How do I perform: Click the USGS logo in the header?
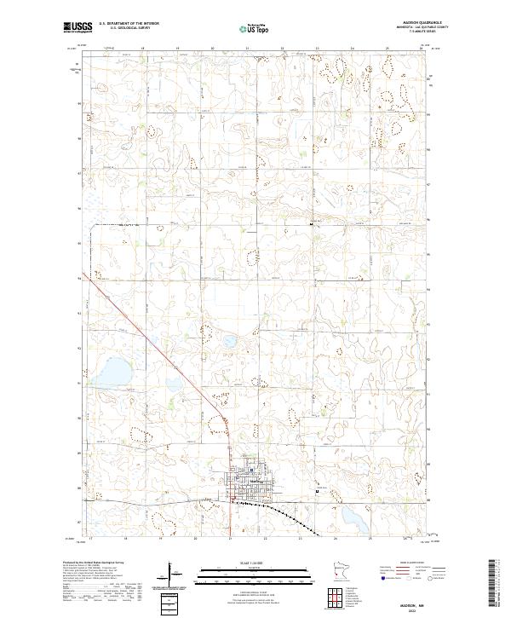pyautogui.click(x=76, y=27)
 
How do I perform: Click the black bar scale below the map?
pyautogui.click(x=255, y=569)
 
